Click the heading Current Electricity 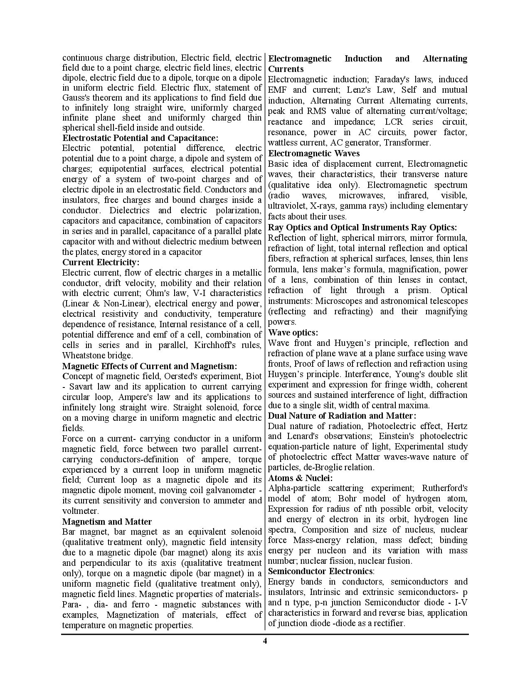[101, 262]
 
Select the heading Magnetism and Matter [107, 522]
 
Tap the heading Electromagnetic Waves [308, 153]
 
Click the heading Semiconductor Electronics [320, 571]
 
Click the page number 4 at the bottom [265, 641]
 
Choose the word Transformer [407, 143]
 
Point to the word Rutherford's [444, 488]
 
